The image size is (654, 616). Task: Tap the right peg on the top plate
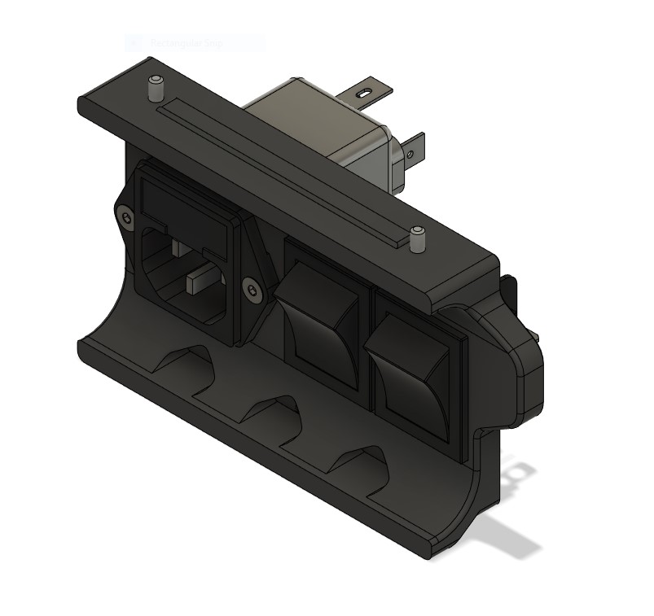(x=418, y=239)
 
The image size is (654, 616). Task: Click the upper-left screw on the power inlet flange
(x=125, y=216)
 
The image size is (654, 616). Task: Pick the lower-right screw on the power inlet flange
(x=252, y=288)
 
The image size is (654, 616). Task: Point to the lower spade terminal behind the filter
(x=413, y=150)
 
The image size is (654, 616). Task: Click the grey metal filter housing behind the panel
(x=326, y=122)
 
